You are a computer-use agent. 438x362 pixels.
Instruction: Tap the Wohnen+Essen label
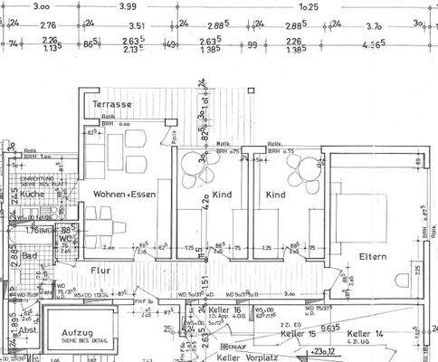(x=123, y=194)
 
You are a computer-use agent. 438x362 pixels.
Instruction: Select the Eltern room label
(x=372, y=256)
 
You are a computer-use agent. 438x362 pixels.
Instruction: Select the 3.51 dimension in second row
(x=136, y=27)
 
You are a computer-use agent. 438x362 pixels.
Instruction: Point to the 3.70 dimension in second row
(x=372, y=27)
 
